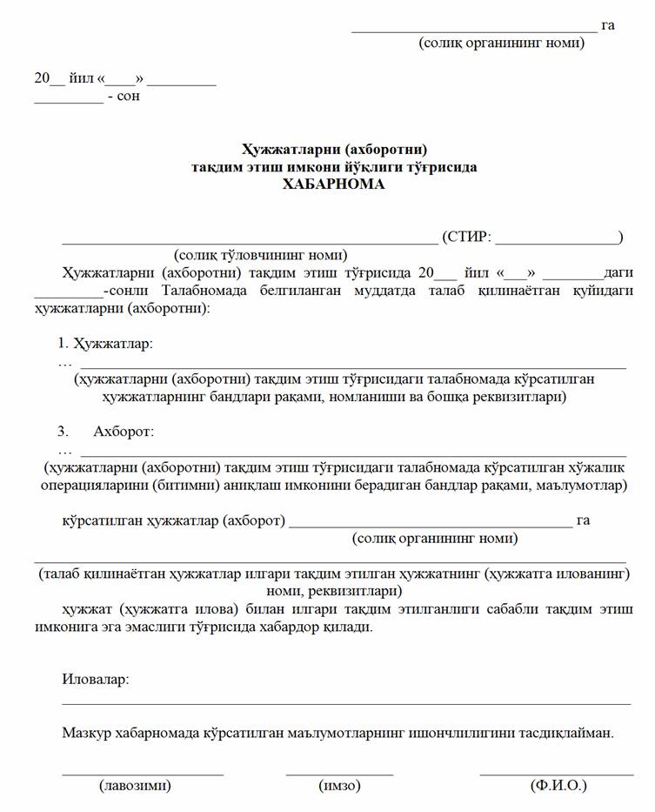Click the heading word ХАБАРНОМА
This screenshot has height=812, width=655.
(333, 184)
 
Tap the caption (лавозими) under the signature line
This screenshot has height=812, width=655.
(135, 786)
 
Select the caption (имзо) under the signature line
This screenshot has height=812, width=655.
(340, 786)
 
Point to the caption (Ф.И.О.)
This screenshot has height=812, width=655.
(558, 786)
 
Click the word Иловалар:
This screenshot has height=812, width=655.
(96, 679)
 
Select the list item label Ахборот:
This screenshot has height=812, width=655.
(124, 432)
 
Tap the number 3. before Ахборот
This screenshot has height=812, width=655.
(63, 432)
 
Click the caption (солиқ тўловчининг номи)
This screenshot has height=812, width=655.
(261, 255)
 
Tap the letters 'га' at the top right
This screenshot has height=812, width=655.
(607, 25)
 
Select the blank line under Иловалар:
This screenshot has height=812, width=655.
(346, 701)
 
